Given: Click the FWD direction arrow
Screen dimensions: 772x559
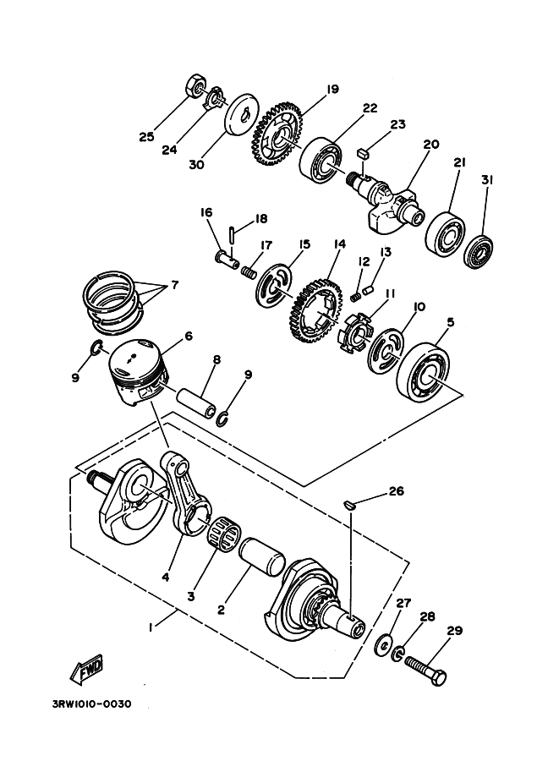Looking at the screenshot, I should click(x=88, y=671).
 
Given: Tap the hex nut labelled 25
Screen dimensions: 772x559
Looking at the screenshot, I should click(x=194, y=86).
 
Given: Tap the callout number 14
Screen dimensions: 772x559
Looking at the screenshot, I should click(x=339, y=244).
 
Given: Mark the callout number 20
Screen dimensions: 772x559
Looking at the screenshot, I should click(x=431, y=145).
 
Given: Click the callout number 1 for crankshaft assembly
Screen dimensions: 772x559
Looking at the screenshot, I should click(x=150, y=628).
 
